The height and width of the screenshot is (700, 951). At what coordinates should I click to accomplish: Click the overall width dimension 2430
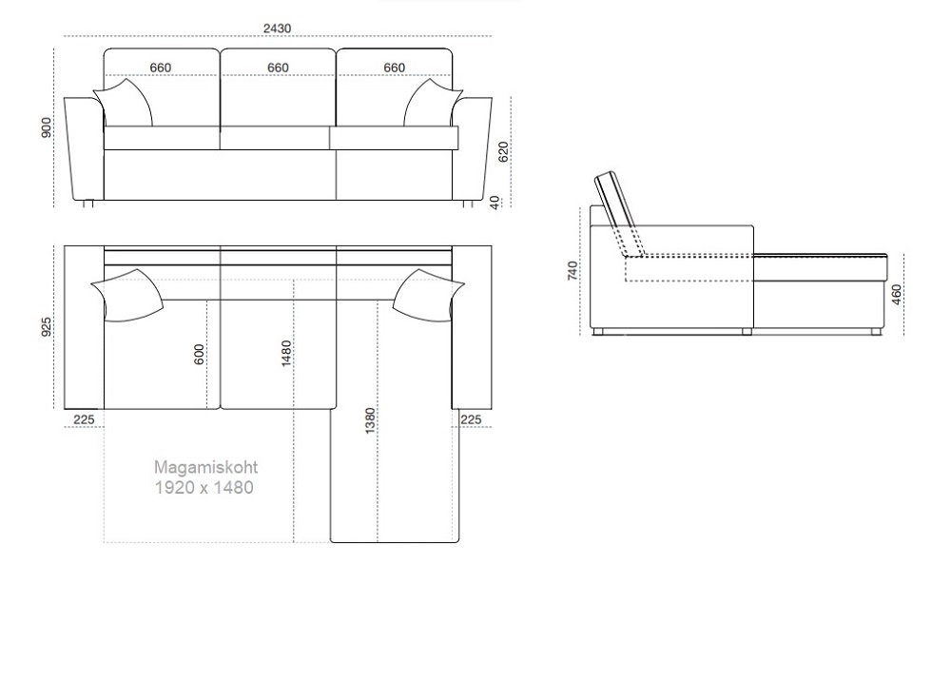coord(277,29)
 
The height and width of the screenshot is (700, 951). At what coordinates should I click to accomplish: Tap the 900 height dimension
coord(47,127)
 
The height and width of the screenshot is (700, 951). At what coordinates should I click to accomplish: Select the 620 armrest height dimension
coord(503,152)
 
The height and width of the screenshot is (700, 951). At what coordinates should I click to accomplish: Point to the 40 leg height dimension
coord(495,203)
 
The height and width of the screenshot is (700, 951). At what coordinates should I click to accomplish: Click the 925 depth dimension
coord(47,326)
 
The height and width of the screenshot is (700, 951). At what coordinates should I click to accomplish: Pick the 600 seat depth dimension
coord(199,355)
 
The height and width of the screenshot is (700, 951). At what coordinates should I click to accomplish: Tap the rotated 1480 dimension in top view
coord(286,354)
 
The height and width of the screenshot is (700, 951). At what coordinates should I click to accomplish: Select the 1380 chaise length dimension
coord(370,421)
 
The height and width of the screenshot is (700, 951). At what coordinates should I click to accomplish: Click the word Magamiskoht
coord(205,468)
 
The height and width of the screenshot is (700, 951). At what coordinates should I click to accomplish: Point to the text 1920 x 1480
coord(204,488)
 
